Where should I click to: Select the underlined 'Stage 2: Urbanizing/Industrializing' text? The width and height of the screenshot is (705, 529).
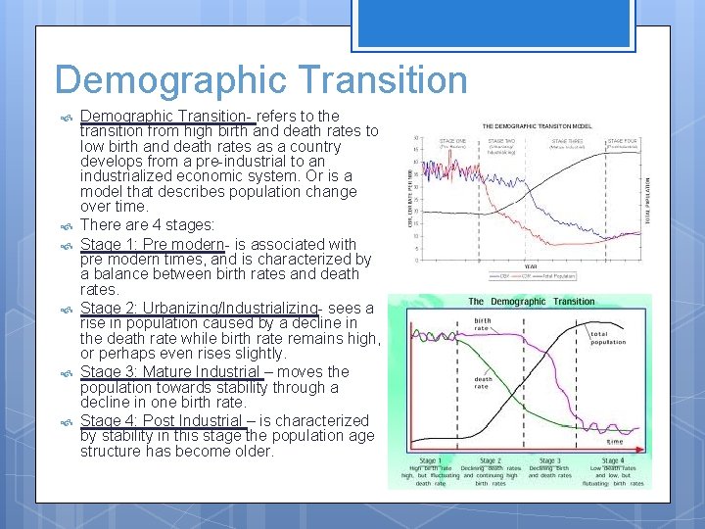coord(199,308)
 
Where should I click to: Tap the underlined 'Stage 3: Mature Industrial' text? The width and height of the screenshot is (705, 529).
coord(170,371)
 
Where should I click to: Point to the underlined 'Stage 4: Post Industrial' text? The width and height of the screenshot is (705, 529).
coord(162,420)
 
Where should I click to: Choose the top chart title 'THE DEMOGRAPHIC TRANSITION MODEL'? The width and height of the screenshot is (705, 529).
coord(537,126)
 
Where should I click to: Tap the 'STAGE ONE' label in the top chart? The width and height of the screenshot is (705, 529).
coord(452,141)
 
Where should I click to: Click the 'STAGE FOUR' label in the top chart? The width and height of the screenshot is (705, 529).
coord(622,141)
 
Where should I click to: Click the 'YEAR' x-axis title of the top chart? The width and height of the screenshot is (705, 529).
coord(530,265)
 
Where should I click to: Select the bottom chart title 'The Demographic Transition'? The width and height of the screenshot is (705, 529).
coord(531,302)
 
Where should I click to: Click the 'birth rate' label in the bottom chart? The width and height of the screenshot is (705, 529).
coord(484,322)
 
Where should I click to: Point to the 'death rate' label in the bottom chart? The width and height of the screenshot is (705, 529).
coord(484,383)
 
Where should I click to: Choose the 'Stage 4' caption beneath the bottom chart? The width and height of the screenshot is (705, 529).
coord(613,460)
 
